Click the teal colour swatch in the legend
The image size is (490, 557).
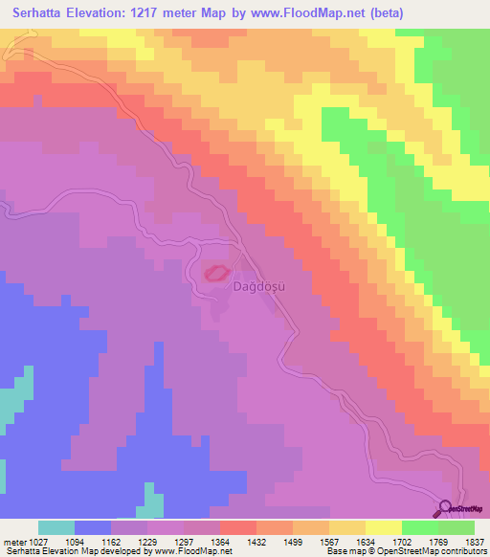(x=56, y=527)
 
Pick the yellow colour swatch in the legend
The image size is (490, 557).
(x=383, y=527)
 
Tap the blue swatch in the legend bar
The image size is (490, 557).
(x=93, y=527)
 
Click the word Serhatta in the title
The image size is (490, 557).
(x=42, y=13)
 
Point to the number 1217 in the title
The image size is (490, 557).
(x=161, y=13)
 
